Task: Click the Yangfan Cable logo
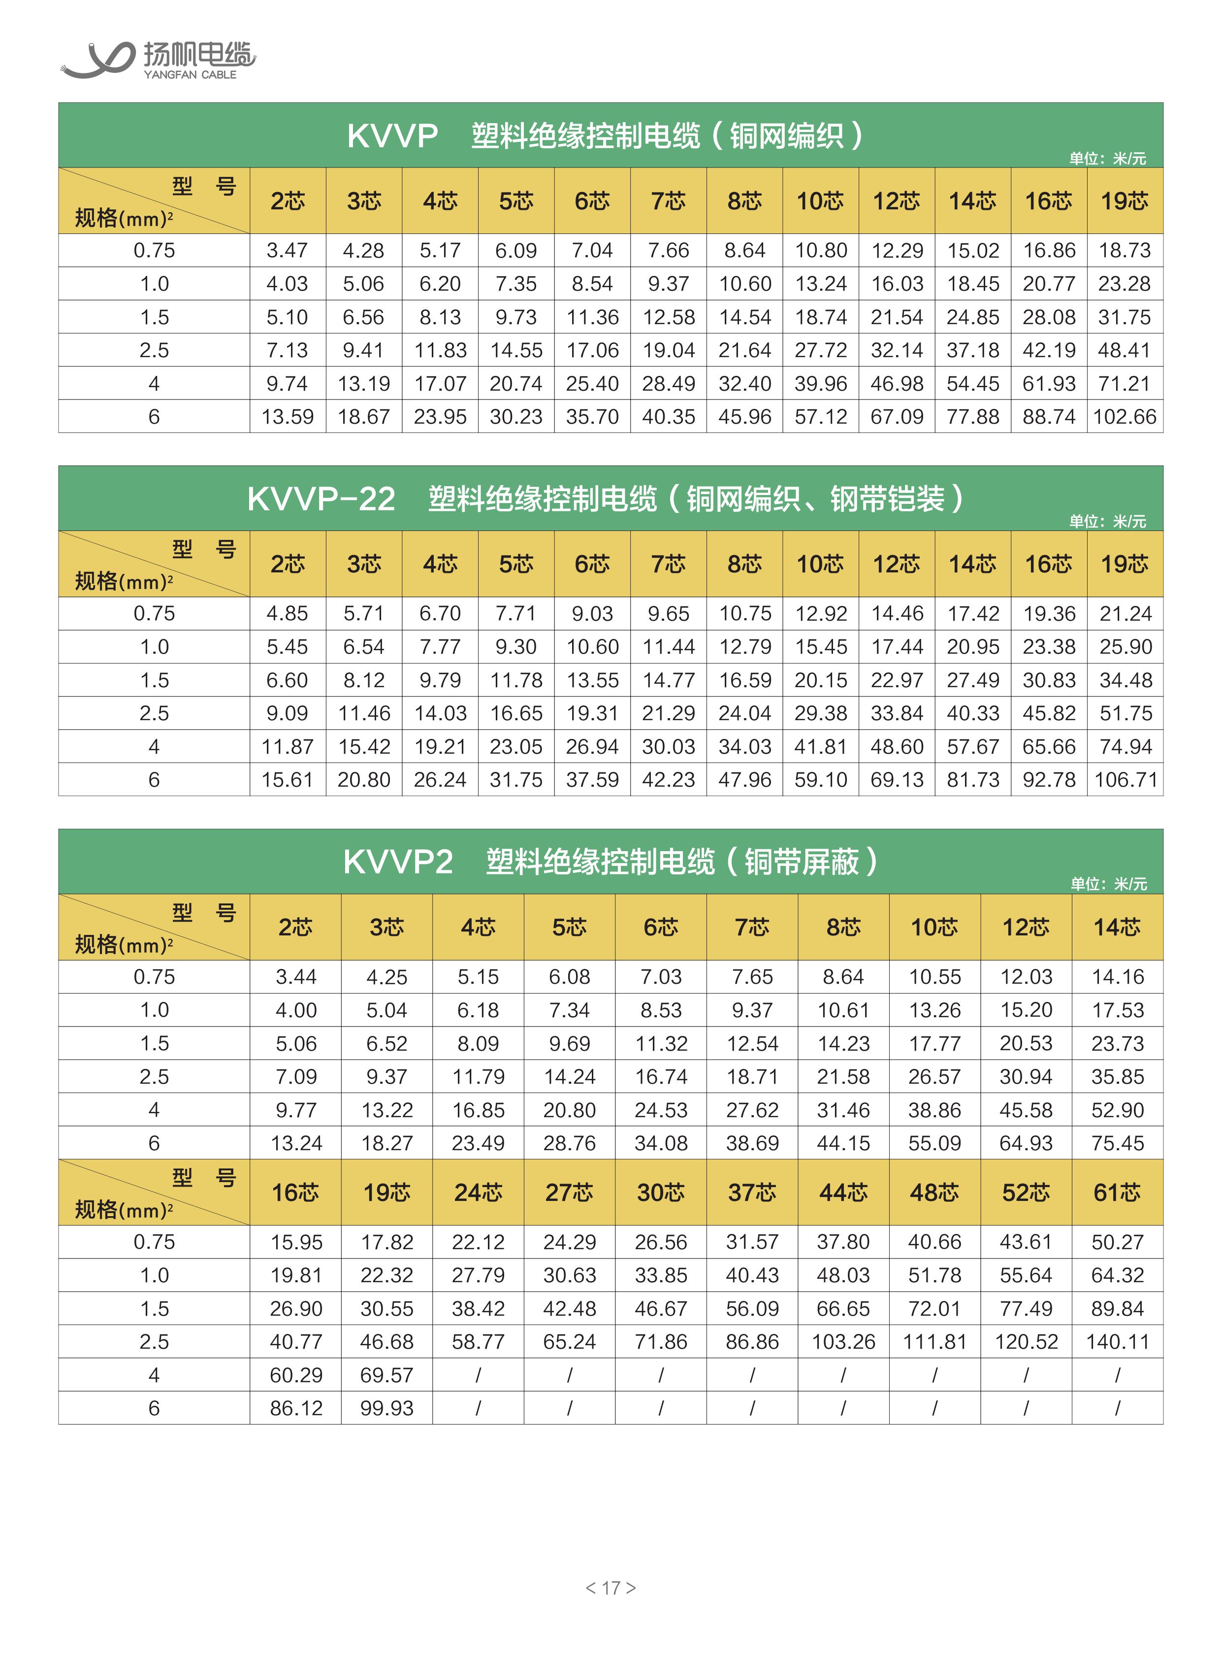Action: pos(157,59)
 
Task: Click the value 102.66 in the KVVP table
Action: pos(1125,417)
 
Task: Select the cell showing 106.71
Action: pos(1125,779)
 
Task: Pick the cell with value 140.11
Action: pos(1117,1342)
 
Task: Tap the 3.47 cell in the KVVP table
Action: pos(287,250)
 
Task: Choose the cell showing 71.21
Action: pos(1125,383)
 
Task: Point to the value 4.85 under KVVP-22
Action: pos(287,613)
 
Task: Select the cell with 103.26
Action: pos(843,1342)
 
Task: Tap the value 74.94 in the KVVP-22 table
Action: pos(1125,747)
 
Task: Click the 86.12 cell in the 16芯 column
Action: pos(296,1408)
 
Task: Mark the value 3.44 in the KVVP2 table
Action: pos(296,977)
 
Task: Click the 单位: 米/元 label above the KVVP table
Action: pos(1107,158)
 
